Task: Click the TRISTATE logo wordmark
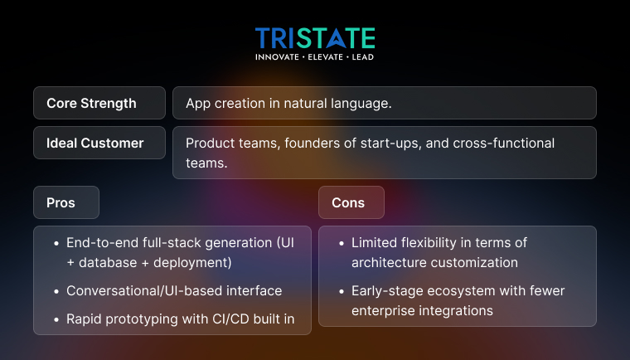(x=315, y=38)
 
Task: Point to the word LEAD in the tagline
(x=361, y=57)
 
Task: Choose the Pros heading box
(x=66, y=203)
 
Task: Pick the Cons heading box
(x=351, y=203)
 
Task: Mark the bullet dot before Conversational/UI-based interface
(x=55, y=291)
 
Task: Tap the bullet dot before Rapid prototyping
(x=55, y=319)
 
